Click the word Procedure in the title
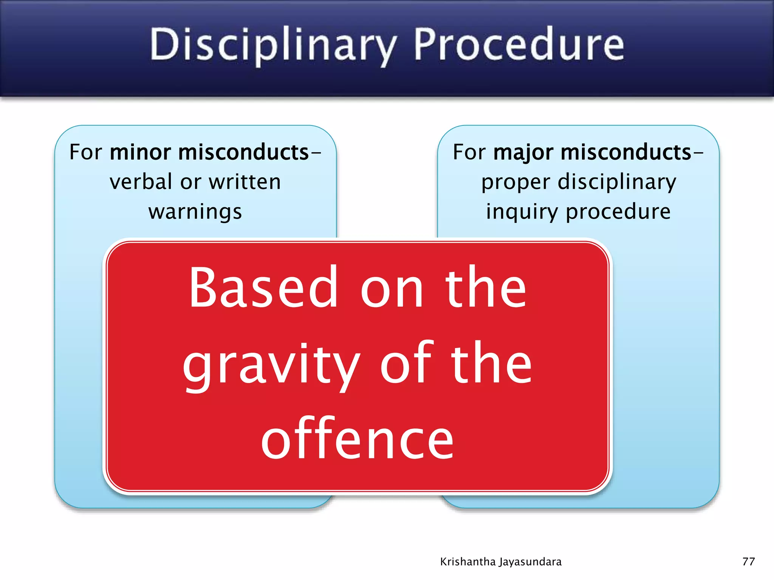(x=519, y=45)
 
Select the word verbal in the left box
(x=141, y=182)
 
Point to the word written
(x=245, y=182)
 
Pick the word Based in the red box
(x=263, y=288)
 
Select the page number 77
(x=748, y=561)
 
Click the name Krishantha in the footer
(x=468, y=562)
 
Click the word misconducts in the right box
(x=626, y=153)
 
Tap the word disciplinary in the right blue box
(x=617, y=182)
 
